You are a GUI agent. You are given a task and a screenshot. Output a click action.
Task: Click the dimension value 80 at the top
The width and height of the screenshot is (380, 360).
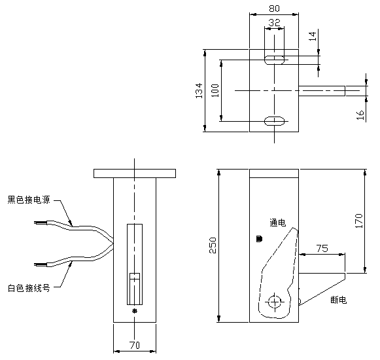pos(273,9)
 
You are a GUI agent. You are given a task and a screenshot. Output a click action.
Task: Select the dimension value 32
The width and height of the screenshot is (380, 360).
pos(273,22)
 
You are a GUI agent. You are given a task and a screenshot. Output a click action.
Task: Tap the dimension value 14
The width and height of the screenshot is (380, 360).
pos(313,37)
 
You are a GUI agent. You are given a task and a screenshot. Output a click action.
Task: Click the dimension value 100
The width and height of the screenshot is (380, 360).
pos(215,90)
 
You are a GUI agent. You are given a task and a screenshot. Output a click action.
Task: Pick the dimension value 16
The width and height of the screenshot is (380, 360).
pos(360,115)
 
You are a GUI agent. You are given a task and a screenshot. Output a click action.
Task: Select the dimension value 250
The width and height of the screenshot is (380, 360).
pos(213,245)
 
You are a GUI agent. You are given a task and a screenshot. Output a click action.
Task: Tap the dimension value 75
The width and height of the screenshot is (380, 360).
pos(322,249)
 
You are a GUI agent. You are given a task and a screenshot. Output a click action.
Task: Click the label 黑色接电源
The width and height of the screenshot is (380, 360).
pos(29,199)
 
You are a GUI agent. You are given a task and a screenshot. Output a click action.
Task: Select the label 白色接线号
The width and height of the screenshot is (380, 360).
pos(29,288)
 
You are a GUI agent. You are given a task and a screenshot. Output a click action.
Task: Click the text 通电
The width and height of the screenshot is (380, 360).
pos(277,223)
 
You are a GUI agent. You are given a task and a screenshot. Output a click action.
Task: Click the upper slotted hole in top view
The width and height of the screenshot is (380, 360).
pos(274,60)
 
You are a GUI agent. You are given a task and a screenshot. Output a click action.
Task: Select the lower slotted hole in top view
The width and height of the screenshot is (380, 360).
pos(274,121)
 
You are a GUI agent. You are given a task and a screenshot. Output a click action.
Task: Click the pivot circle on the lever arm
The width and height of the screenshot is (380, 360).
pos(275,301)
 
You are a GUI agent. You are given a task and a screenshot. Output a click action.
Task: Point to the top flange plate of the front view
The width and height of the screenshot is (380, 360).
pos(135,173)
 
